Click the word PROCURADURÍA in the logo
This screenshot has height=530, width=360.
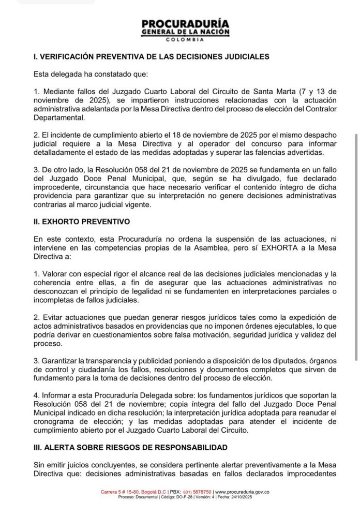pyautogui.click(x=185, y=24)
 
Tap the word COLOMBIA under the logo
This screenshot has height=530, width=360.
pyautogui.click(x=185, y=40)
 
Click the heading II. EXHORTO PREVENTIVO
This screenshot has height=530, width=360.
pyautogui.click(x=82, y=222)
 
